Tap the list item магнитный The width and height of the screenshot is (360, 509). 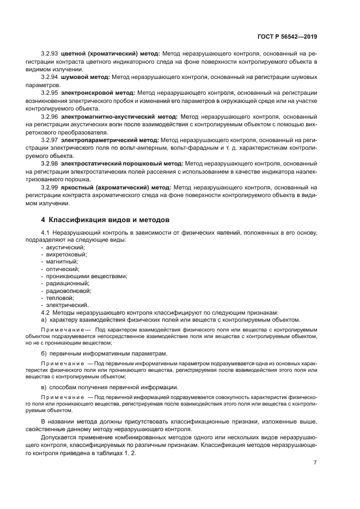[62, 262]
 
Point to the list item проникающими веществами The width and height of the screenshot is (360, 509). [87, 276]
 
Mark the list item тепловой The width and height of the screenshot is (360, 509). [59, 298]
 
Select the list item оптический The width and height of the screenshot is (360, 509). [63, 269]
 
